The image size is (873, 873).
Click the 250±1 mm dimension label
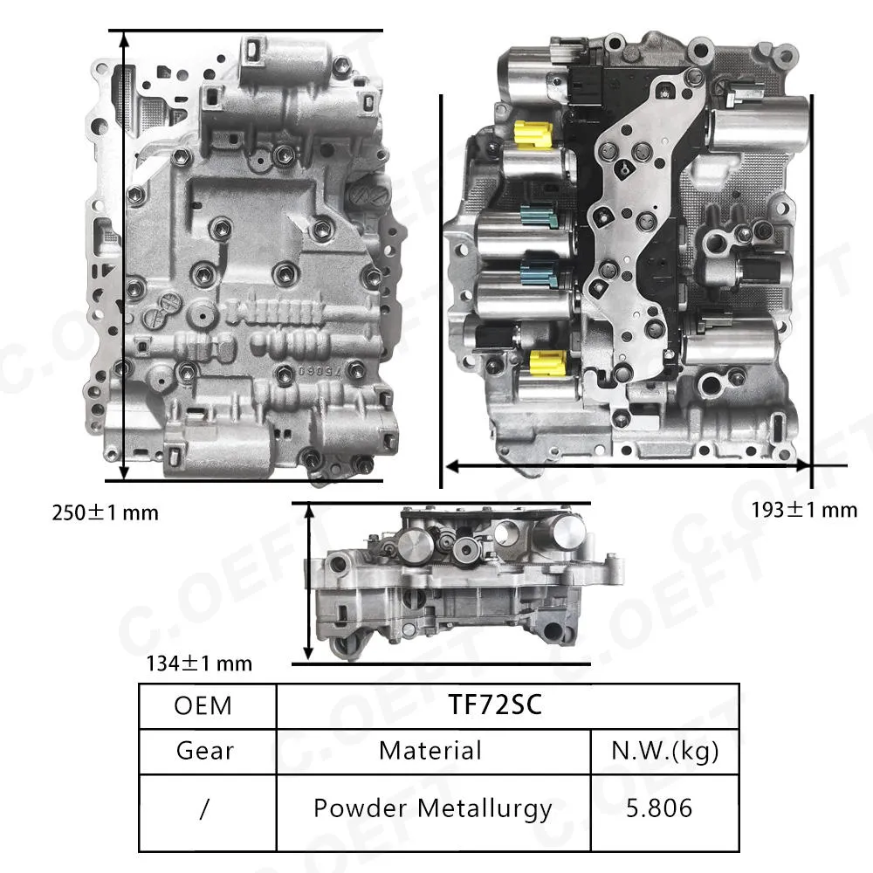pyautogui.click(x=106, y=512)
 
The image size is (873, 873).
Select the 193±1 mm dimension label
pyautogui.click(x=804, y=510)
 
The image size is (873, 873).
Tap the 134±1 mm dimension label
pyautogui.click(x=199, y=663)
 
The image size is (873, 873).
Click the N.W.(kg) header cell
pyautogui.click(x=664, y=751)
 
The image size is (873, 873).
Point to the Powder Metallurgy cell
pyautogui.click(x=433, y=808)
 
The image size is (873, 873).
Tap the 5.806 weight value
pyautogui.click(x=659, y=808)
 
